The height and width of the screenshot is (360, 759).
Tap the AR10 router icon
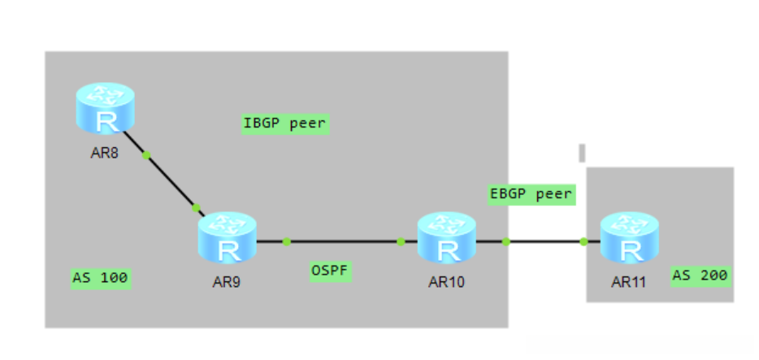tap(446, 237)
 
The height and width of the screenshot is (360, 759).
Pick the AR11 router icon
tap(628, 237)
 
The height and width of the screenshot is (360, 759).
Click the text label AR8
tap(105, 152)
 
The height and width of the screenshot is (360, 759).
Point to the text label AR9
tap(226, 283)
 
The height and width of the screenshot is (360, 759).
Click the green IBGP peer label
tap(284, 124)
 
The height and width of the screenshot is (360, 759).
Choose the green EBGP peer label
tap(531, 195)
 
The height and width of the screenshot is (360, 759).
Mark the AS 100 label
tap(101, 279)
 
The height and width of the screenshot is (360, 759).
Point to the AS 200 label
tap(700, 275)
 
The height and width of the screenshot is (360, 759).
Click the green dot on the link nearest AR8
tap(146, 155)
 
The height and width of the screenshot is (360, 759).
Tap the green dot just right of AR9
tap(286, 241)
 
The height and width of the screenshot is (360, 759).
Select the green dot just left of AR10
tap(401, 241)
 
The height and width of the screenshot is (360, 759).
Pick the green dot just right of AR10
tap(505, 241)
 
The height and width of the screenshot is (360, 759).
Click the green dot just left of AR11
tap(583, 241)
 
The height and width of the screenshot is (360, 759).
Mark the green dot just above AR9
tap(196, 208)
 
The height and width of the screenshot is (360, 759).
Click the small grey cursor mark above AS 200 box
tap(582, 152)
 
